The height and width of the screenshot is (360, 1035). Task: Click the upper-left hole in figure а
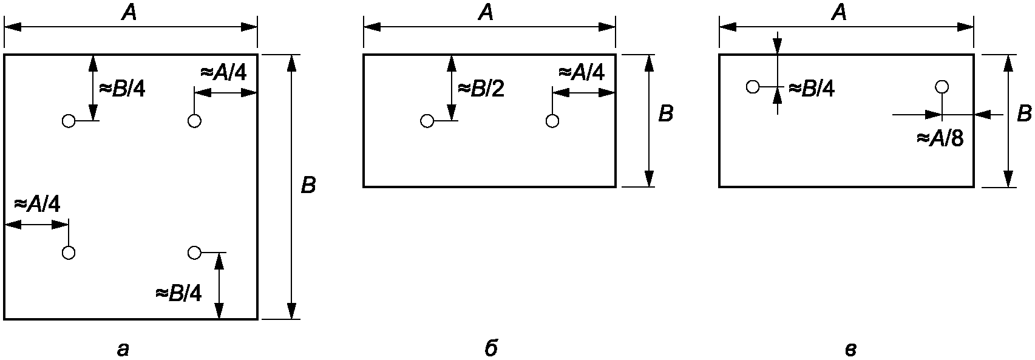click(x=69, y=121)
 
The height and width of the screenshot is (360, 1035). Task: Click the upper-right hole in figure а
click(x=194, y=121)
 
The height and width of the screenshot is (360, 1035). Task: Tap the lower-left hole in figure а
click(x=69, y=253)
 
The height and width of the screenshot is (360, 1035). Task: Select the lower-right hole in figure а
click(x=194, y=253)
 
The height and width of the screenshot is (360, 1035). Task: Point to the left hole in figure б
click(x=427, y=121)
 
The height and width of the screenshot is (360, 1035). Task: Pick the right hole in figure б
click(x=552, y=121)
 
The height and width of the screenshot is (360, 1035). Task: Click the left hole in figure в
click(x=753, y=87)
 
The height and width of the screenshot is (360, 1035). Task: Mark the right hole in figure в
click(x=942, y=87)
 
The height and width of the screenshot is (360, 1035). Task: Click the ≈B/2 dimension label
click(x=481, y=89)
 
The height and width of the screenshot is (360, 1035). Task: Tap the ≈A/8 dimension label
click(x=940, y=138)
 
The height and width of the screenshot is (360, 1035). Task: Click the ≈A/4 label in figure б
click(x=582, y=73)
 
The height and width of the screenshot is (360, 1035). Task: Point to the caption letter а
click(x=123, y=350)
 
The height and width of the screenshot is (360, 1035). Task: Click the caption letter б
click(x=491, y=348)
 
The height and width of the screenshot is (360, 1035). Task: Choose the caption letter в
click(x=850, y=350)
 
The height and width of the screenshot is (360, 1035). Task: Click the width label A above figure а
click(x=129, y=13)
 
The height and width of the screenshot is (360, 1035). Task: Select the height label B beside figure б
click(x=665, y=114)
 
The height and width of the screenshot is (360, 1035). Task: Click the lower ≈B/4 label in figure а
click(x=179, y=293)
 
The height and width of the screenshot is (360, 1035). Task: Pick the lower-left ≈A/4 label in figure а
click(x=37, y=204)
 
